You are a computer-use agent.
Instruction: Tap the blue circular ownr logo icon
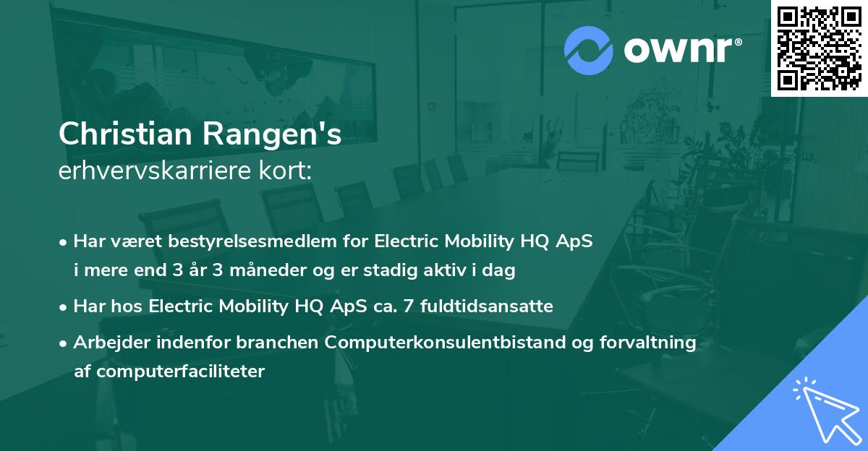589,51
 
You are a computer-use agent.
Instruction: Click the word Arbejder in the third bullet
106,343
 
